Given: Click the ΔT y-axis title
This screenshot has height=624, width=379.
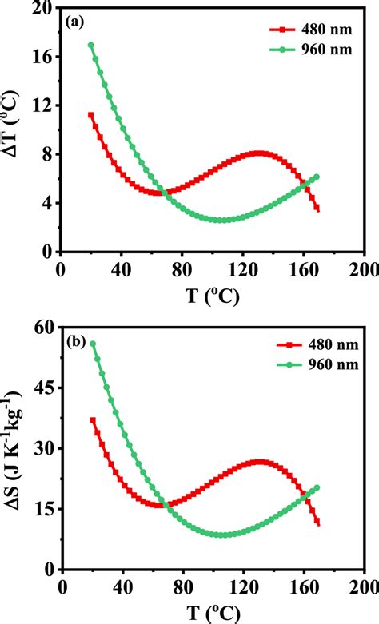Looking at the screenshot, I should pos(14,129).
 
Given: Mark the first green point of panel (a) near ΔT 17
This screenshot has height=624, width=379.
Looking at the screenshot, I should pos(90,46).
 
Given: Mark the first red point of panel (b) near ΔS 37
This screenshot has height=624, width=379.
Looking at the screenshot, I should pos(93,420).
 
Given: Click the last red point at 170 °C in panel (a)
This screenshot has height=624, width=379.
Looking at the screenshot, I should pos(317,209).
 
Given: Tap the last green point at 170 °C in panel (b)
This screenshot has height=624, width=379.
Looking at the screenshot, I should pos(317,487).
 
